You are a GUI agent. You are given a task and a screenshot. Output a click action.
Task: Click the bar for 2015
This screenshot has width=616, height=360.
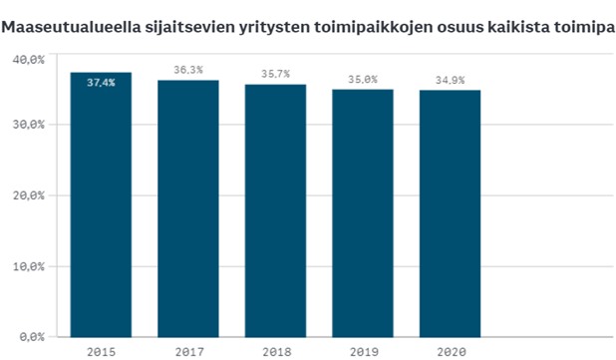click(x=100, y=204)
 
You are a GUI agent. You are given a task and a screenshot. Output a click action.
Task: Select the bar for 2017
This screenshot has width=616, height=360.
click(x=187, y=208)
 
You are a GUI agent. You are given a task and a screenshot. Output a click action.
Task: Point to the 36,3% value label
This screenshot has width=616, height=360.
click(x=187, y=70)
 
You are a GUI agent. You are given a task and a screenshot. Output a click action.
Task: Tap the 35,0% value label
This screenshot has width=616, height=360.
click(x=362, y=79)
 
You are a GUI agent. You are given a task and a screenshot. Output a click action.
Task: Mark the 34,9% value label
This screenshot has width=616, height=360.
click(x=449, y=80)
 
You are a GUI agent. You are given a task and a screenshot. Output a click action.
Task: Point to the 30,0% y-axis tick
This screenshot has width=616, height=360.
click(x=29, y=125)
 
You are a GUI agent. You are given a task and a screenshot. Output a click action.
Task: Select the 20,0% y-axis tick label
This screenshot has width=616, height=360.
click(x=29, y=196)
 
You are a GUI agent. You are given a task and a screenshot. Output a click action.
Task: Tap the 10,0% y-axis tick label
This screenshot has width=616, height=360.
click(x=29, y=267)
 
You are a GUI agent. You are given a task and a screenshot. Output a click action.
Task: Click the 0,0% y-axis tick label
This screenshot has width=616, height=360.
click(x=32, y=337)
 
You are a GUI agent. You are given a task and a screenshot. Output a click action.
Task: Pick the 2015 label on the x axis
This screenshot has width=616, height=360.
click(x=100, y=350)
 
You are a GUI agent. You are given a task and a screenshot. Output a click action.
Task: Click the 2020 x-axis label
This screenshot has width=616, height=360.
click(x=449, y=350)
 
